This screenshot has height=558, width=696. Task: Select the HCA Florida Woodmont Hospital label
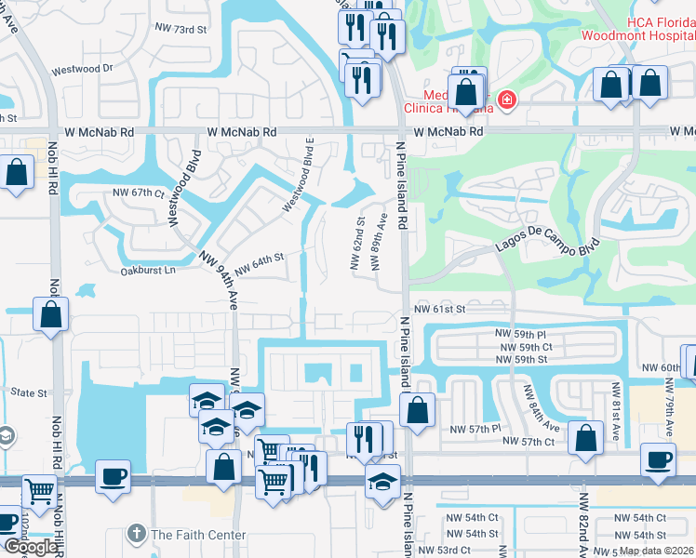click(637, 28)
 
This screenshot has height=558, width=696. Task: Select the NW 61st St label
click(438, 309)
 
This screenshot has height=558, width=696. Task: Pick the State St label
click(29, 393)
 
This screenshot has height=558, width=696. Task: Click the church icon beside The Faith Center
click(137, 535)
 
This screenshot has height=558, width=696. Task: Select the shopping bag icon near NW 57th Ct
click(585, 441)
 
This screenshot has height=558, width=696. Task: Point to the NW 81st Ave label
click(614, 403)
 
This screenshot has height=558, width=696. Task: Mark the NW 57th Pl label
click(475, 429)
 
